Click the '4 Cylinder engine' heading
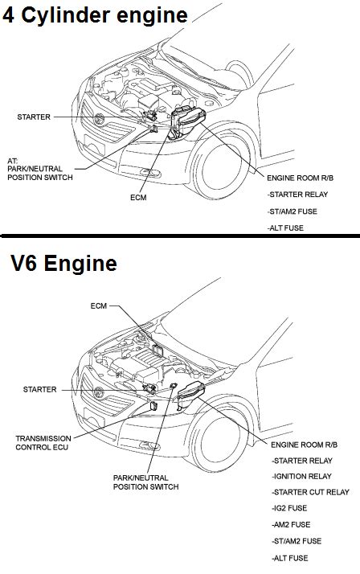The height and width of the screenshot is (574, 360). coord(95,15)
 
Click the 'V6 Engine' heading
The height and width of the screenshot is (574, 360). coord(63,263)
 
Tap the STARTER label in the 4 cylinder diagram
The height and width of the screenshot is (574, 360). coord(34,117)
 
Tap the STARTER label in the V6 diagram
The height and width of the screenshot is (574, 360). coord(40,389)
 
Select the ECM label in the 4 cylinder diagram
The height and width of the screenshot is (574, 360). coord(138,197)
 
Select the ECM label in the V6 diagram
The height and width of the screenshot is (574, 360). coord(99,305)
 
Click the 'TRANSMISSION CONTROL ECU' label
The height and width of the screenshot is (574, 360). coord(43,443)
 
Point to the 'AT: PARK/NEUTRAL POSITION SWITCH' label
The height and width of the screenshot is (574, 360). coord(40,169)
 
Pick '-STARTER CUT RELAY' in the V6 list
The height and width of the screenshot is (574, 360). coord(310,492)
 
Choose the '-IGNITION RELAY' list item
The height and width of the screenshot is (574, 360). coord(301,476)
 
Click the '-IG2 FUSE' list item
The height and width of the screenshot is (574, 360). coord(289,508)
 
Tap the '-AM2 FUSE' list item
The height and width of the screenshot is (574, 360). coord(291,525)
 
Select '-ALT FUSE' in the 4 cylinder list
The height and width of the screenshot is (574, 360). coord(285,228)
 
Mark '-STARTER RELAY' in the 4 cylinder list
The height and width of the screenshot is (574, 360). coord(297,195)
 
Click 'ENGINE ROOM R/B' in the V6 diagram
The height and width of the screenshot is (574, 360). coord(304,445)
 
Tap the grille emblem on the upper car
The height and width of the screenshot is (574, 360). coord(99,119)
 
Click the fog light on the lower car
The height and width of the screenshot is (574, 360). coord(149,446)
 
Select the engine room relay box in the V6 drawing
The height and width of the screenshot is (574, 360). coord(190,394)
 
